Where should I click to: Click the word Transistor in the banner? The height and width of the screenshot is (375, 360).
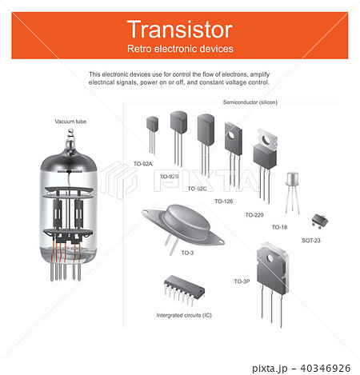(x=180, y=30)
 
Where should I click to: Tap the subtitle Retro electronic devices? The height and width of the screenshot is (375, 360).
(x=180, y=49)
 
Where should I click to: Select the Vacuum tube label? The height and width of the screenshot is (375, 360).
(x=70, y=122)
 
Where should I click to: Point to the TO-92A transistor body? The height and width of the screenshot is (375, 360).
(x=152, y=124)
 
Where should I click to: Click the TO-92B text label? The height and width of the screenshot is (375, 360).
(x=170, y=177)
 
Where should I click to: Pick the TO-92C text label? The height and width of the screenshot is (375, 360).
(x=197, y=189)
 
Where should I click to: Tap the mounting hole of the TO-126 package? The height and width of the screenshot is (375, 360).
(x=231, y=136)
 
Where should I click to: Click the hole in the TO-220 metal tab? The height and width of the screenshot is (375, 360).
(x=266, y=139)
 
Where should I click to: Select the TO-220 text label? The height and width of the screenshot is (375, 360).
(x=254, y=215)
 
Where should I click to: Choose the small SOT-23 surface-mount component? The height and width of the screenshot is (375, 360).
(x=320, y=221)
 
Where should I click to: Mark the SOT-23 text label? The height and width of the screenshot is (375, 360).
(x=311, y=241)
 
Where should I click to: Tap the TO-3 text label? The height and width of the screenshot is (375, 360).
(x=187, y=253)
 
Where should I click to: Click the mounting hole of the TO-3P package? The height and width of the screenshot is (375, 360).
(x=270, y=258)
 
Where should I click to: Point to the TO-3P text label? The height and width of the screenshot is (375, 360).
(x=242, y=281)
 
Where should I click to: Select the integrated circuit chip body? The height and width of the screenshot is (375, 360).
(x=184, y=285)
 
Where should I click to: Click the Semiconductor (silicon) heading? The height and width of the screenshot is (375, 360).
(x=250, y=102)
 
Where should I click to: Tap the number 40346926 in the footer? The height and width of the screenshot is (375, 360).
(x=326, y=369)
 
